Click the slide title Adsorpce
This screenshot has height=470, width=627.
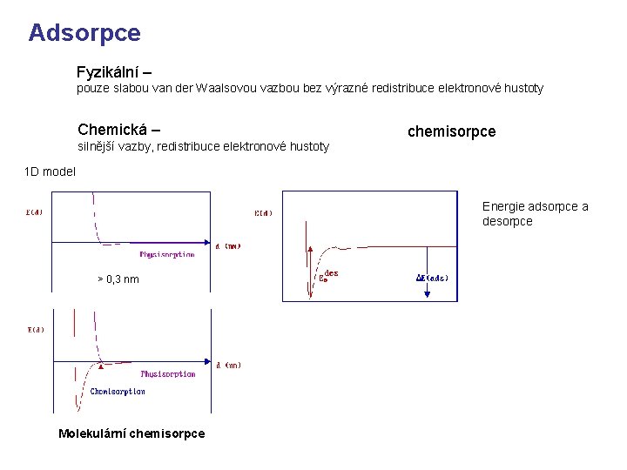coord(84,33)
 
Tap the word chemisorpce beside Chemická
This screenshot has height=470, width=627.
coord(451,131)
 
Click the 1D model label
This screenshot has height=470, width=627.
coord(50,171)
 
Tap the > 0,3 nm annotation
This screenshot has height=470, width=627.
coord(118,279)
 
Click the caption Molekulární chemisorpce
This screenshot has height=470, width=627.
coord(131,433)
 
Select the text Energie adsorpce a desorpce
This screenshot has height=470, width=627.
coord(535,214)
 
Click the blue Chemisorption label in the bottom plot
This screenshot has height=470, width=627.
coord(118,392)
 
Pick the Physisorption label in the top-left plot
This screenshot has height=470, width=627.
coord(167,254)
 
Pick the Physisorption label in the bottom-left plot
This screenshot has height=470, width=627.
coord(168,373)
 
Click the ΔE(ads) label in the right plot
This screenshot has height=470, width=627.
coord(432,279)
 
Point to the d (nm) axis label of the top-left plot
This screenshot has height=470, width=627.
coord(227,245)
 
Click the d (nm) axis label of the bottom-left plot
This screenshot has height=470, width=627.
coord(228,365)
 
